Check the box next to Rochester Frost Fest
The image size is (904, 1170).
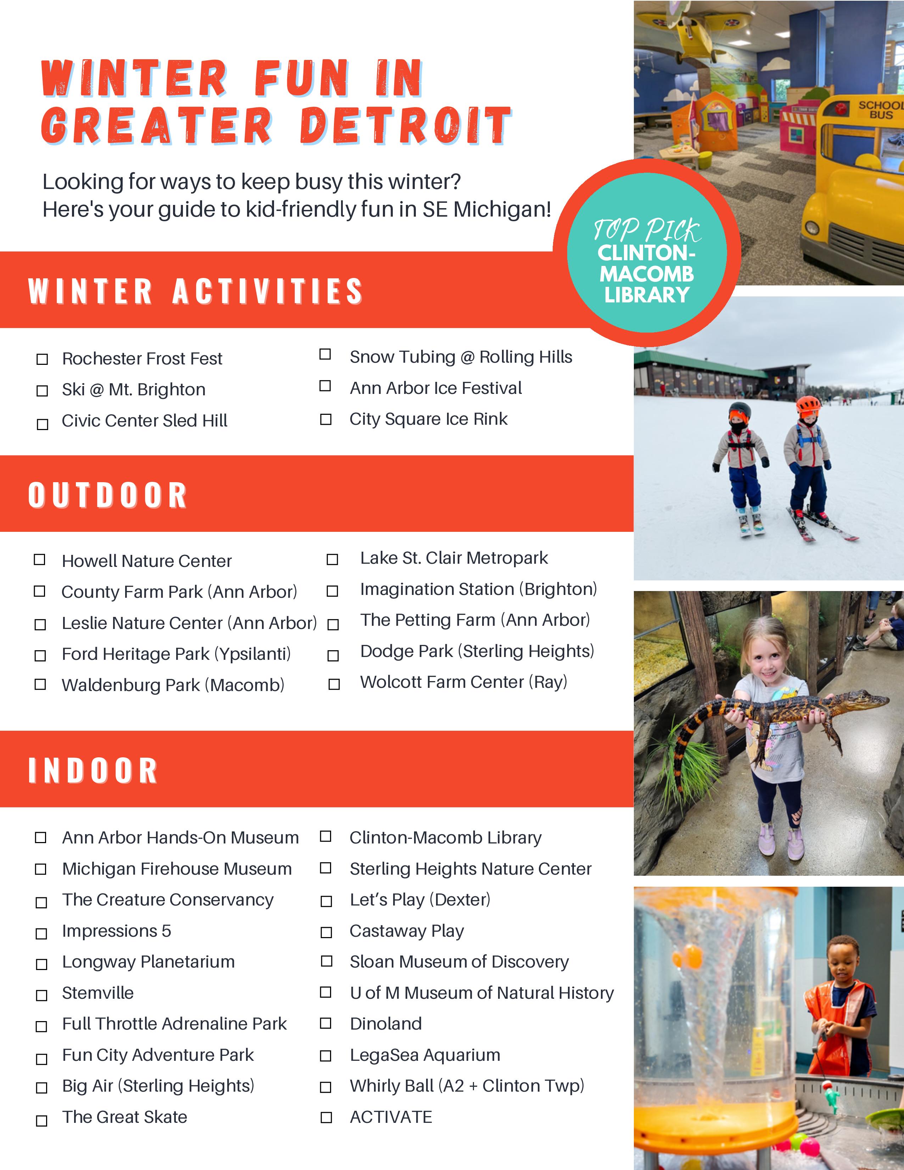[42, 359]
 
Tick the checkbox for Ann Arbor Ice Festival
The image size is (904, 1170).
[325, 386]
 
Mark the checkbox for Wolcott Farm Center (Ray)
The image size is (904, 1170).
[334, 684]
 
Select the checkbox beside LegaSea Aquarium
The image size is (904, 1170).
[325, 1056]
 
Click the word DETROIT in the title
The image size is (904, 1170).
[406, 126]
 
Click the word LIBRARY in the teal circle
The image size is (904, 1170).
[647, 295]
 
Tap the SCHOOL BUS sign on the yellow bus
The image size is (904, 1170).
[880, 110]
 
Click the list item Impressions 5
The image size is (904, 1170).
[117, 931]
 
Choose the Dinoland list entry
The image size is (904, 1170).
[386, 1024]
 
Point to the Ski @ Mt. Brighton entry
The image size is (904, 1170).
[133, 389]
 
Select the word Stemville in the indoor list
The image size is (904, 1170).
[98, 993]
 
